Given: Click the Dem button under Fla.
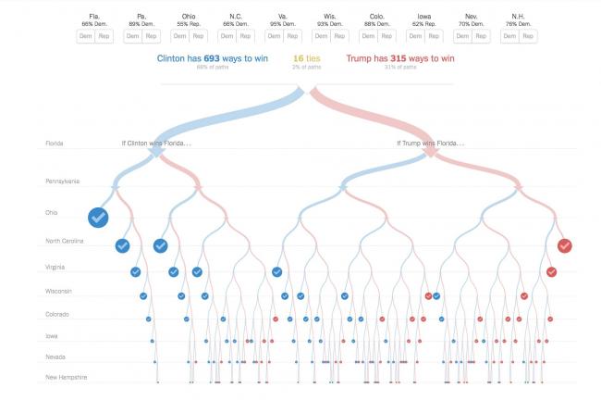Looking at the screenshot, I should [86, 36].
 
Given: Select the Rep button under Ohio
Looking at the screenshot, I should [198, 36].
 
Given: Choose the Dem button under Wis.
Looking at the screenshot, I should [322, 36].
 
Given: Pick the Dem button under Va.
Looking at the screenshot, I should [275, 36].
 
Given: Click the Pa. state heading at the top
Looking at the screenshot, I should [141, 16].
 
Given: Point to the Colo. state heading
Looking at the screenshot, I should [377, 16].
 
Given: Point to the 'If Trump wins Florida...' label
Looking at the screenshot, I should [430, 144].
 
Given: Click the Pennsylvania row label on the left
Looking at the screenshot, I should [63, 181].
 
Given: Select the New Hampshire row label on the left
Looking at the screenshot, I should [67, 377].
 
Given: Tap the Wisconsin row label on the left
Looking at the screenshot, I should [60, 292].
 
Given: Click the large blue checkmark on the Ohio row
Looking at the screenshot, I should [99, 217].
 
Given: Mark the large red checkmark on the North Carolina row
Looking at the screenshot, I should [564, 245].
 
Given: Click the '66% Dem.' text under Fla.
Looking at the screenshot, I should [94, 24].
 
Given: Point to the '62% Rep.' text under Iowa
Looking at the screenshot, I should [424, 24].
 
